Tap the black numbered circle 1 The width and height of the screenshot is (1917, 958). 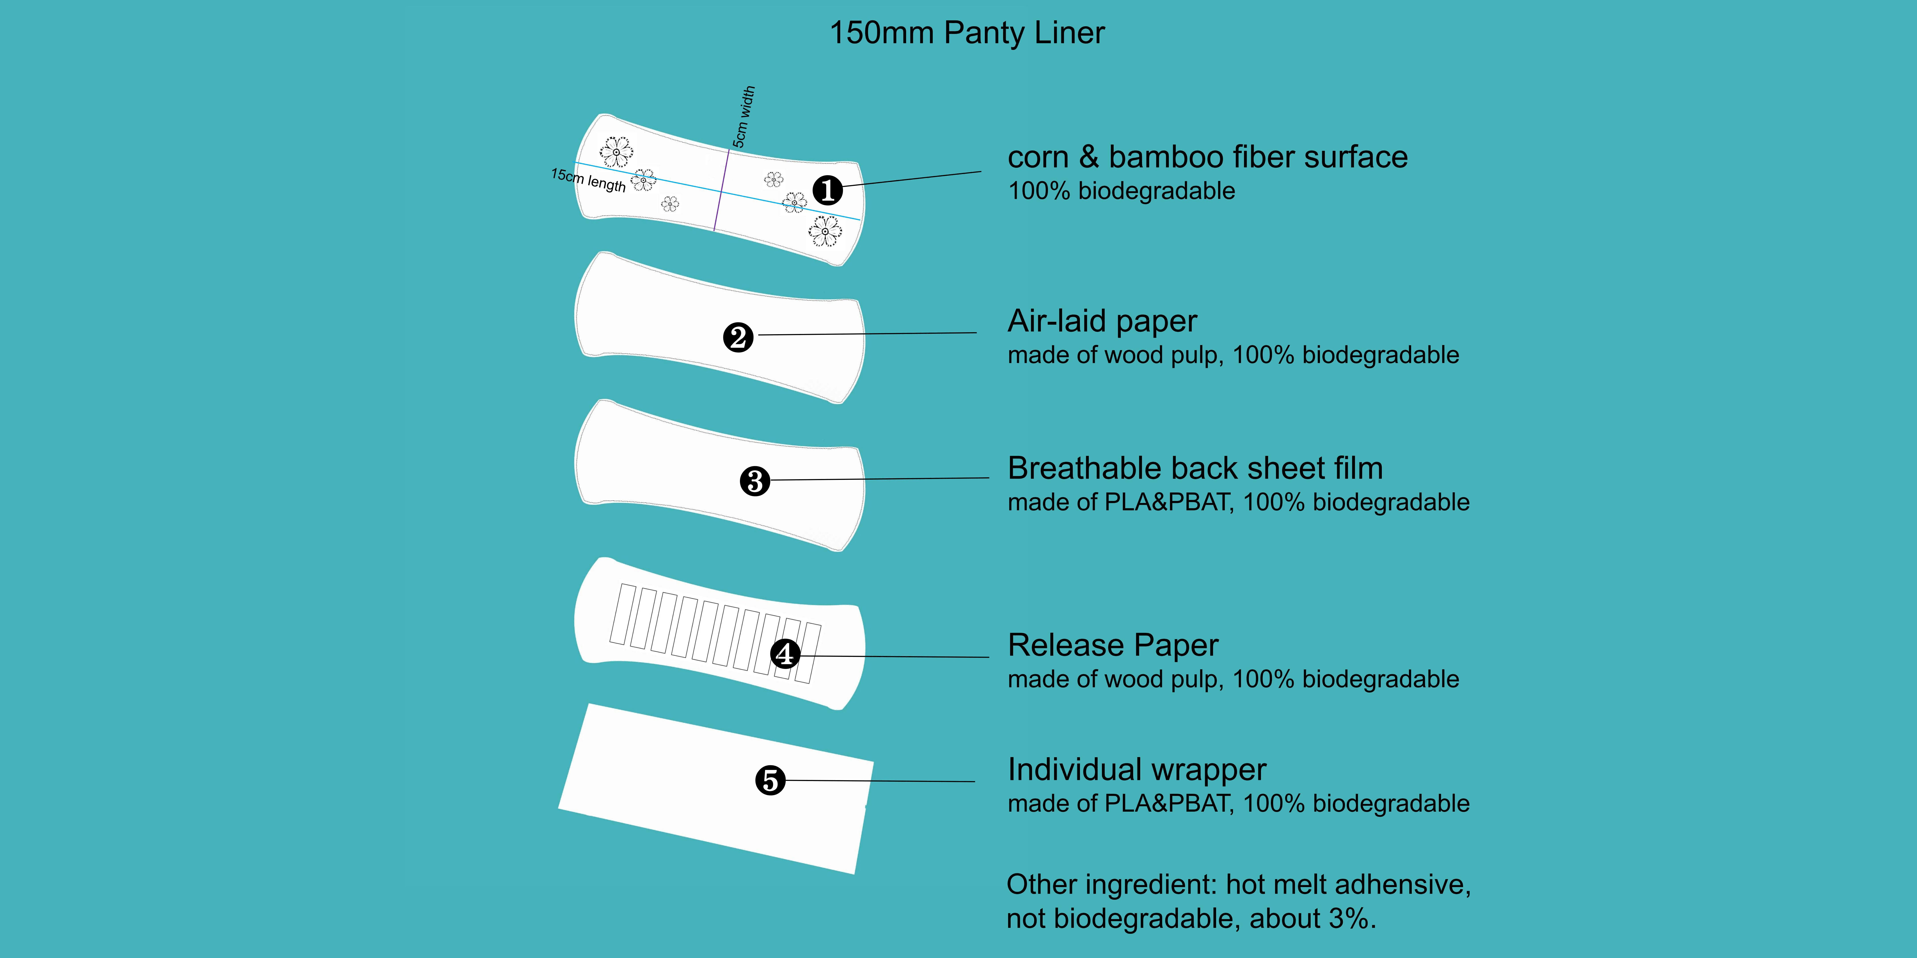coord(828,190)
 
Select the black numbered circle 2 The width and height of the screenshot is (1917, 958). coord(738,338)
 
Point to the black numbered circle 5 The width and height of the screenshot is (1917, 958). coord(770,780)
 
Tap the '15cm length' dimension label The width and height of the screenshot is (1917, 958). coord(588,180)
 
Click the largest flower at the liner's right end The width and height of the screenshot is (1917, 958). coord(825,231)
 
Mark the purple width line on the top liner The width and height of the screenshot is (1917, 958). coord(721,190)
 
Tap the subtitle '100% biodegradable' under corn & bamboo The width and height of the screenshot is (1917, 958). coord(1121,191)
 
